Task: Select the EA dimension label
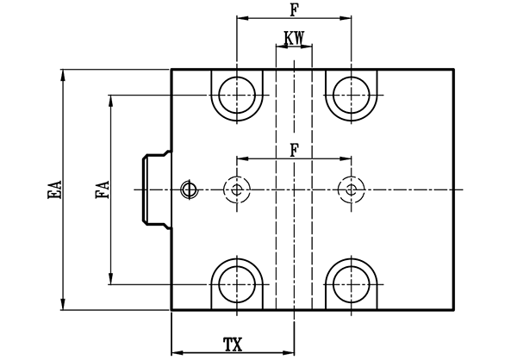(53, 190)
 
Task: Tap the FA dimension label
(102, 189)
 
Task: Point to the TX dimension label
(233, 344)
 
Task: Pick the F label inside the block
(295, 149)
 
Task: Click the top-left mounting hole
(237, 92)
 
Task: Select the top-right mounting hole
(352, 92)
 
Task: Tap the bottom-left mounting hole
(237, 283)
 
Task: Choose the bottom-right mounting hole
(352, 283)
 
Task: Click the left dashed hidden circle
(237, 188)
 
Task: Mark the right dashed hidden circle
(352, 188)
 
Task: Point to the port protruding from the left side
(156, 189)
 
